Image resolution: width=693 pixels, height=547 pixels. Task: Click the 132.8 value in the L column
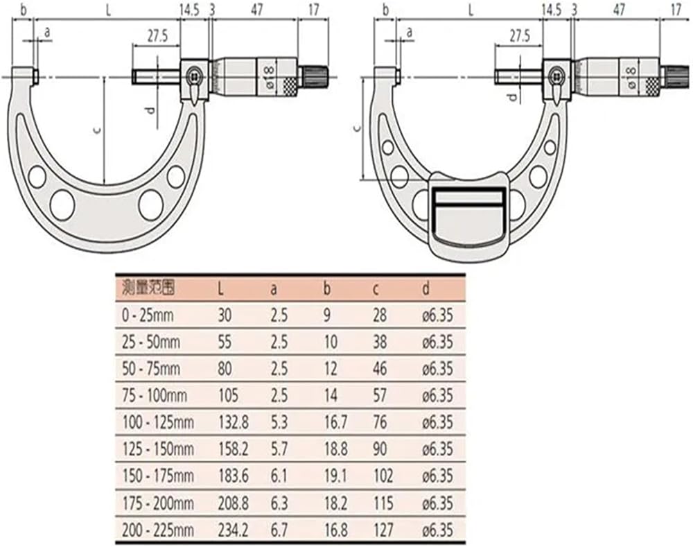(x=233, y=423)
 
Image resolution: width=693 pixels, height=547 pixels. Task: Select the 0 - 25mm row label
(x=147, y=315)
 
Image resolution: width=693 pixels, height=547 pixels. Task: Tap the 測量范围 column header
(x=148, y=288)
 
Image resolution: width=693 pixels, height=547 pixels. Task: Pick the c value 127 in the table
(x=383, y=530)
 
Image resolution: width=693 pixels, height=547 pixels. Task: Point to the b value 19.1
(x=335, y=476)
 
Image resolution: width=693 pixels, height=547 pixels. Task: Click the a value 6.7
(x=279, y=530)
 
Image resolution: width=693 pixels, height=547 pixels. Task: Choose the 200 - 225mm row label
(x=158, y=530)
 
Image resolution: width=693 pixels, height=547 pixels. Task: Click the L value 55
(x=225, y=342)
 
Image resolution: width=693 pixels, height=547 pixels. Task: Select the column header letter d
(x=426, y=289)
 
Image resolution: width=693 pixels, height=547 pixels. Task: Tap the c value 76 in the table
(x=380, y=423)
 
